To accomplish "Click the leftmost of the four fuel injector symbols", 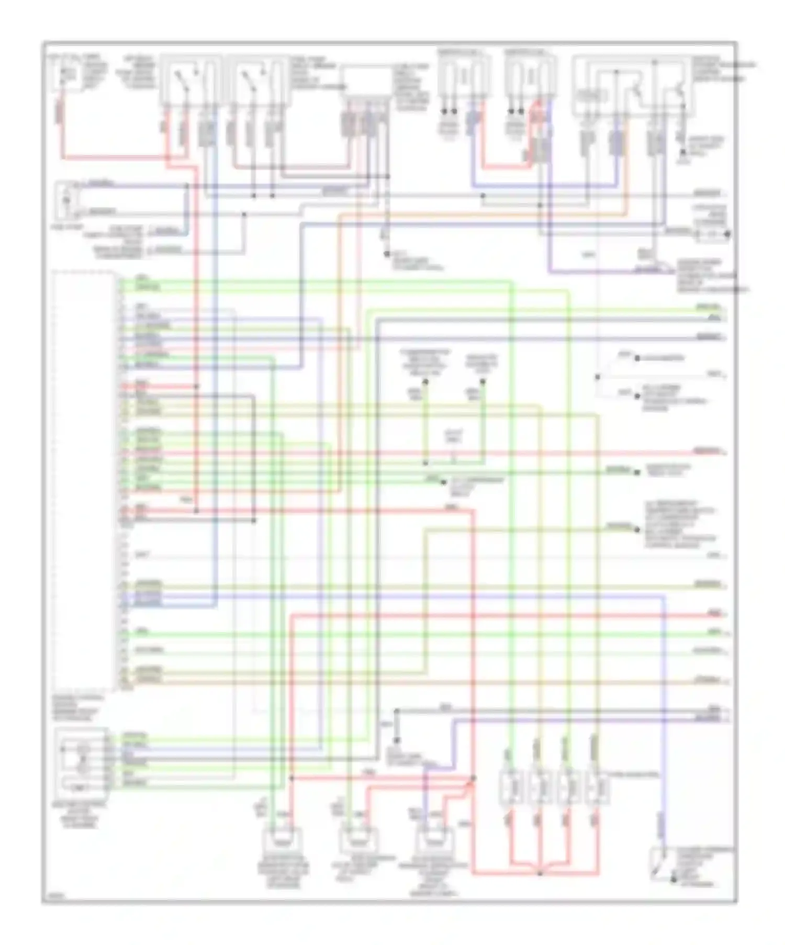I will tap(511, 786).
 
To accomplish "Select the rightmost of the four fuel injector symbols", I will tap(597, 786).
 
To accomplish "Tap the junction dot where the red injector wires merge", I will tap(540, 873).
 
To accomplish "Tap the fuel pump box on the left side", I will tap(66, 200).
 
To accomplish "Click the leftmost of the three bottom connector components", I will tap(285, 841).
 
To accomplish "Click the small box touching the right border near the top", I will tap(713, 234).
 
